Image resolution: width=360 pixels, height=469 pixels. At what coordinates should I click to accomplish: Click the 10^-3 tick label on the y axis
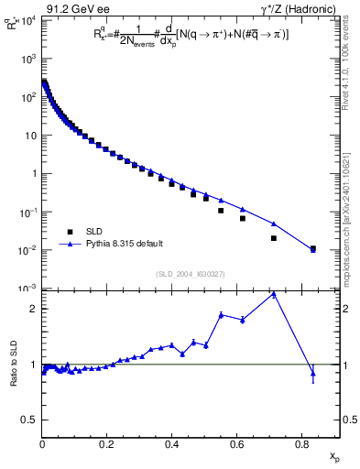(x=29, y=289)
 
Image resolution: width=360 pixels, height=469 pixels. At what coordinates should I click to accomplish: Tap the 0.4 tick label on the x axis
(x=172, y=443)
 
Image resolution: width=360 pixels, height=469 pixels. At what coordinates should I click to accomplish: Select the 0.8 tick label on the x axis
(x=301, y=443)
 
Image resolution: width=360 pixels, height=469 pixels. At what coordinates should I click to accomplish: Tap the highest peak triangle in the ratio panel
(x=274, y=295)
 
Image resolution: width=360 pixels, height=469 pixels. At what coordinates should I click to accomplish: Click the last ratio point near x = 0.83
(x=313, y=373)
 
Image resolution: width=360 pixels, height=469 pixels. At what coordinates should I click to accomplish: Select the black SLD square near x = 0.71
(x=274, y=238)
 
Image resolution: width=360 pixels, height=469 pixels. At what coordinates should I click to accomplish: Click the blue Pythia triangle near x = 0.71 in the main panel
(x=274, y=224)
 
